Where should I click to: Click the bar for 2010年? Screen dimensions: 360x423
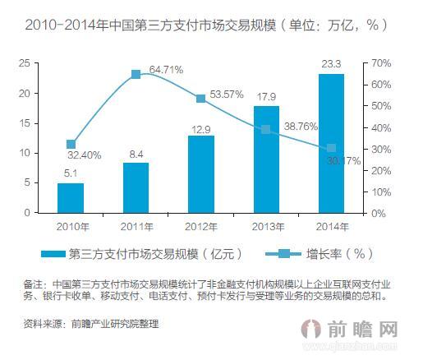click(71, 197)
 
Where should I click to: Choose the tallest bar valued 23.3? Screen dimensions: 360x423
click(331, 143)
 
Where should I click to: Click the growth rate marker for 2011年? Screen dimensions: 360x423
click(136, 74)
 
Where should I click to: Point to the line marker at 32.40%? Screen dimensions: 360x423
click(71, 144)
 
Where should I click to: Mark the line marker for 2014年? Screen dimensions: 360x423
click(331, 148)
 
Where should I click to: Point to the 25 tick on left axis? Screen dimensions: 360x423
click(25, 63)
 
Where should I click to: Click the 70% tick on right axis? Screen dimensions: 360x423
click(380, 63)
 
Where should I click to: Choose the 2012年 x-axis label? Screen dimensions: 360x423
click(200, 224)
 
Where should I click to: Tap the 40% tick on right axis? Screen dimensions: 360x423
click(380, 127)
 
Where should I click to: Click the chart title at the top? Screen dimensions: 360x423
click(206, 25)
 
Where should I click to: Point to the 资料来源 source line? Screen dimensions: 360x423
click(90, 324)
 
